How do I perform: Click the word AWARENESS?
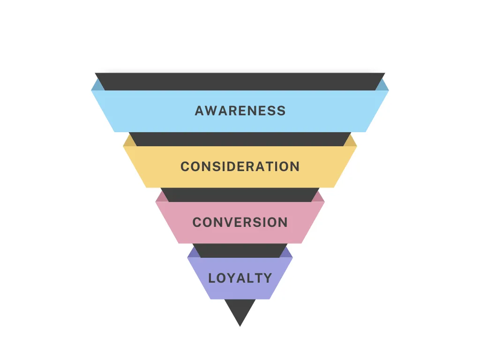(x=240, y=111)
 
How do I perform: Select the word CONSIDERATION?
(x=240, y=166)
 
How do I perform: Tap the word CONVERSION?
(x=240, y=222)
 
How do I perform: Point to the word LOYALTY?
(x=240, y=278)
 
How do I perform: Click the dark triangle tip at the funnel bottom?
(x=240, y=326)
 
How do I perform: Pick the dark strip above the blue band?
(x=240, y=82)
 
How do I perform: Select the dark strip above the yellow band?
(x=240, y=139)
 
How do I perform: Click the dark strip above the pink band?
(x=240, y=195)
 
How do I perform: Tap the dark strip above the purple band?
(x=240, y=251)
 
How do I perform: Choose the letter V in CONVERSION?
(x=229, y=222)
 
